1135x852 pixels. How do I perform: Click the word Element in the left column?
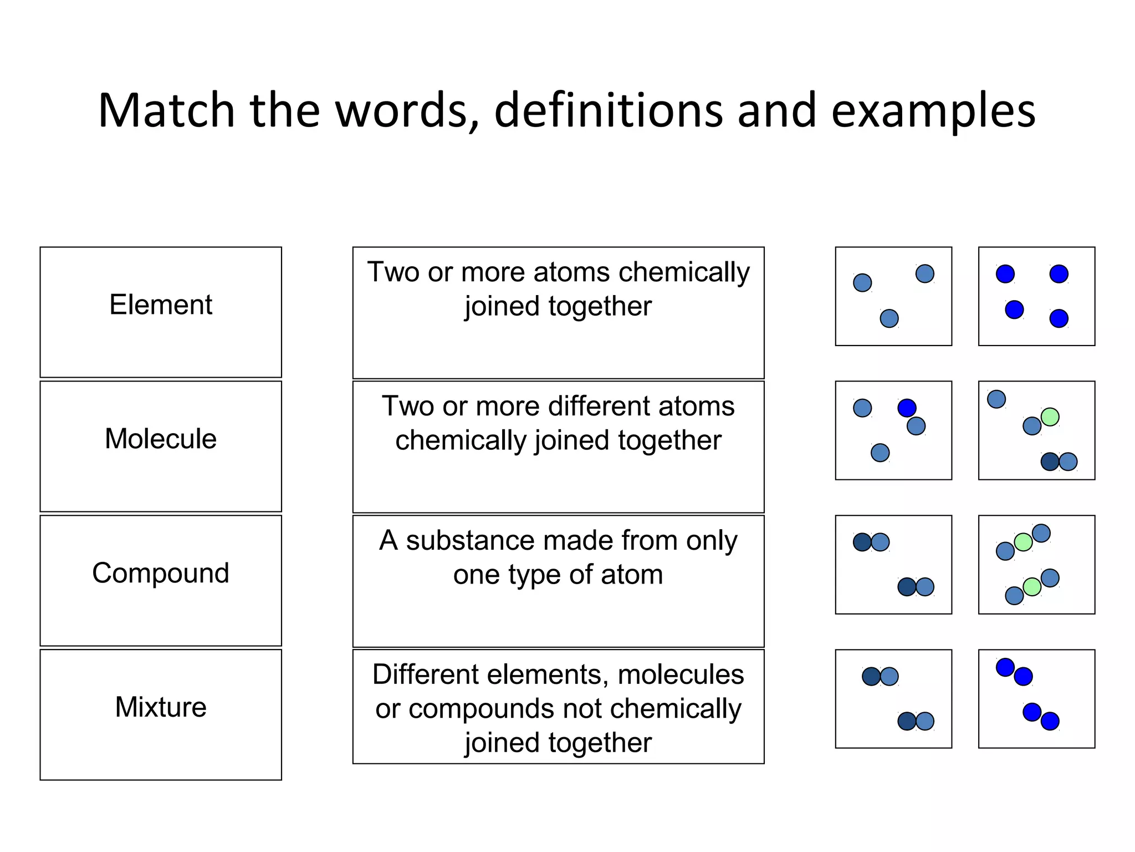(161, 305)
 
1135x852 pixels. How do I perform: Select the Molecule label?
(161, 439)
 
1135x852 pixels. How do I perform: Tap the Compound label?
(161, 573)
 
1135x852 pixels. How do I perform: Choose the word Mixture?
(161, 707)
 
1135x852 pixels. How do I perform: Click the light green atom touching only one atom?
(1050, 417)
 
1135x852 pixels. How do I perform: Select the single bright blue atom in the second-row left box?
(907, 408)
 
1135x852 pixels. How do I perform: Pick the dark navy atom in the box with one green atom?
(1050, 461)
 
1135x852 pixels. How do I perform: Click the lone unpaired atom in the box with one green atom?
(996, 399)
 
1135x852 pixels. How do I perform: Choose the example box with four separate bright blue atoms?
(1036, 296)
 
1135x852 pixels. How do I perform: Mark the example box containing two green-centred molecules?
(1036, 565)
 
